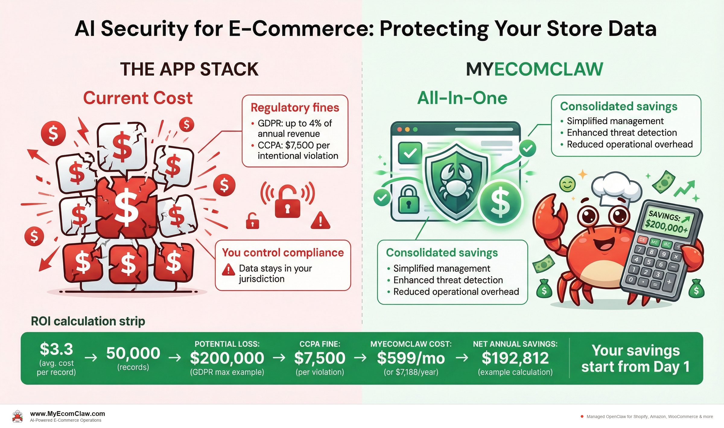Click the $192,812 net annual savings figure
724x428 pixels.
[x=515, y=358]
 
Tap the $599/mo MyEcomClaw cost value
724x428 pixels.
[x=411, y=358]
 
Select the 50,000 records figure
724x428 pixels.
[x=133, y=353]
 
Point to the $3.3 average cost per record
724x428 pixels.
[x=56, y=349]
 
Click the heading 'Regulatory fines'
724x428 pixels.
[x=295, y=108]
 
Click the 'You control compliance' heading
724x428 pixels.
[x=283, y=252]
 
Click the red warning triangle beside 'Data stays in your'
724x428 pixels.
[x=228, y=269]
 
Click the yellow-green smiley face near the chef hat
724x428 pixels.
[x=567, y=184]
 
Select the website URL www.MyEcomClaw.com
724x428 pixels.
[x=68, y=414]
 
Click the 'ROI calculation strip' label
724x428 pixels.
[x=88, y=321]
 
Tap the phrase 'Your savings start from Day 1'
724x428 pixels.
[x=636, y=358]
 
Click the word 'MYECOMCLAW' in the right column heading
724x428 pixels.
[x=534, y=69]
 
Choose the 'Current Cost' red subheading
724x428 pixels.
[x=138, y=98]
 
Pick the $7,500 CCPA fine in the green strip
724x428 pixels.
[x=320, y=358]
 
